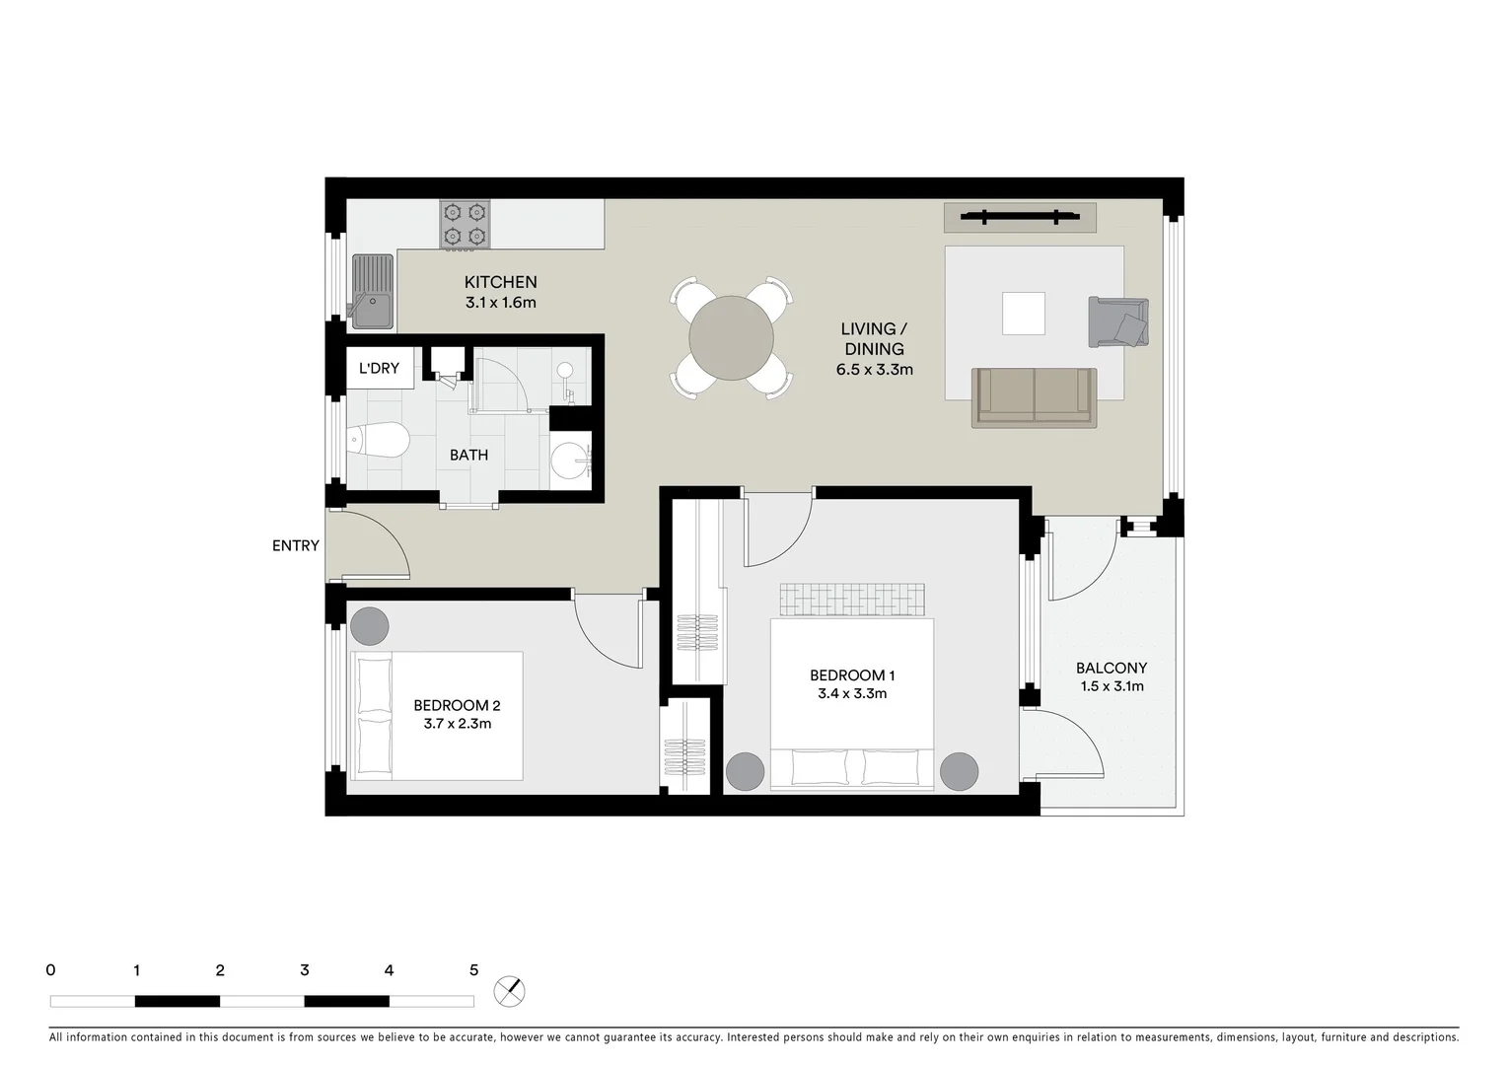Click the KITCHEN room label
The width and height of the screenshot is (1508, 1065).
click(x=500, y=282)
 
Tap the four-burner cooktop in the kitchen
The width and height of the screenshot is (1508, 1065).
click(x=465, y=224)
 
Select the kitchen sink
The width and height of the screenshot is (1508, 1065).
click(x=372, y=291)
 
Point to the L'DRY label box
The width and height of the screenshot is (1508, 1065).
click(x=379, y=368)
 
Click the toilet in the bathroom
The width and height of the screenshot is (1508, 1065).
click(x=379, y=441)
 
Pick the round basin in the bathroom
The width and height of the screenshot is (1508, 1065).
click(x=570, y=460)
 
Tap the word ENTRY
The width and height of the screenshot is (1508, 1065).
click(x=296, y=545)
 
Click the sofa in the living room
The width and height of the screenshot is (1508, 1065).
click(x=1034, y=397)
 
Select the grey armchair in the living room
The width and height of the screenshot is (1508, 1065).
click(x=1118, y=321)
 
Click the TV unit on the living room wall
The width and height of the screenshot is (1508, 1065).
click(x=1019, y=217)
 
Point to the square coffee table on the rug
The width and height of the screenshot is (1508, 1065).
click(x=1023, y=314)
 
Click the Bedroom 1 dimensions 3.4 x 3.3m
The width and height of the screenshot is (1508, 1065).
click(x=851, y=693)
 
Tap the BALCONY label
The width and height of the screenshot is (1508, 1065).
click(x=1111, y=668)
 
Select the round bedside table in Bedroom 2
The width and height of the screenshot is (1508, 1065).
click(x=370, y=625)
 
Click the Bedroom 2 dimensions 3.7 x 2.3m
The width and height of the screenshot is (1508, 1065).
click(x=457, y=724)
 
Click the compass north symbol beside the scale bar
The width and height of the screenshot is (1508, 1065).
click(x=510, y=991)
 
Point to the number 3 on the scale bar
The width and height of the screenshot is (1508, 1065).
click(x=305, y=970)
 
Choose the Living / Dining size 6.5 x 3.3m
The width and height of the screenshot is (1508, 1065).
click(x=874, y=370)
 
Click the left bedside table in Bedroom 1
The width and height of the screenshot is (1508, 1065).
click(x=745, y=771)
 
